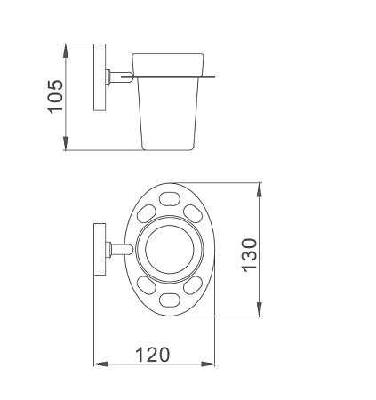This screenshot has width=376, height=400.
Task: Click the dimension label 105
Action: (55, 97)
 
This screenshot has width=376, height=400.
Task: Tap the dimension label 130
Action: (250, 255)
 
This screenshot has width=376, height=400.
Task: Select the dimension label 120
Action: (153, 355)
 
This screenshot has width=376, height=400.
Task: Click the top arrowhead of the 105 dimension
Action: (66, 51)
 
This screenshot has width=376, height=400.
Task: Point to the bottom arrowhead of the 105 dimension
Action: (66, 143)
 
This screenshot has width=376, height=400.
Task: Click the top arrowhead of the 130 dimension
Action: (260, 189)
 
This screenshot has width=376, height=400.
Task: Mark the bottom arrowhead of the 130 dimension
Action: (260, 308)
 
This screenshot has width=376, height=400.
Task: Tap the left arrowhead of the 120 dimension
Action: (100, 364)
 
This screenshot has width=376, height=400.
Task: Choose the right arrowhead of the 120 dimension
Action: (208, 364)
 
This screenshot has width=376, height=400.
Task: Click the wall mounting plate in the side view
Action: (100, 77)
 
